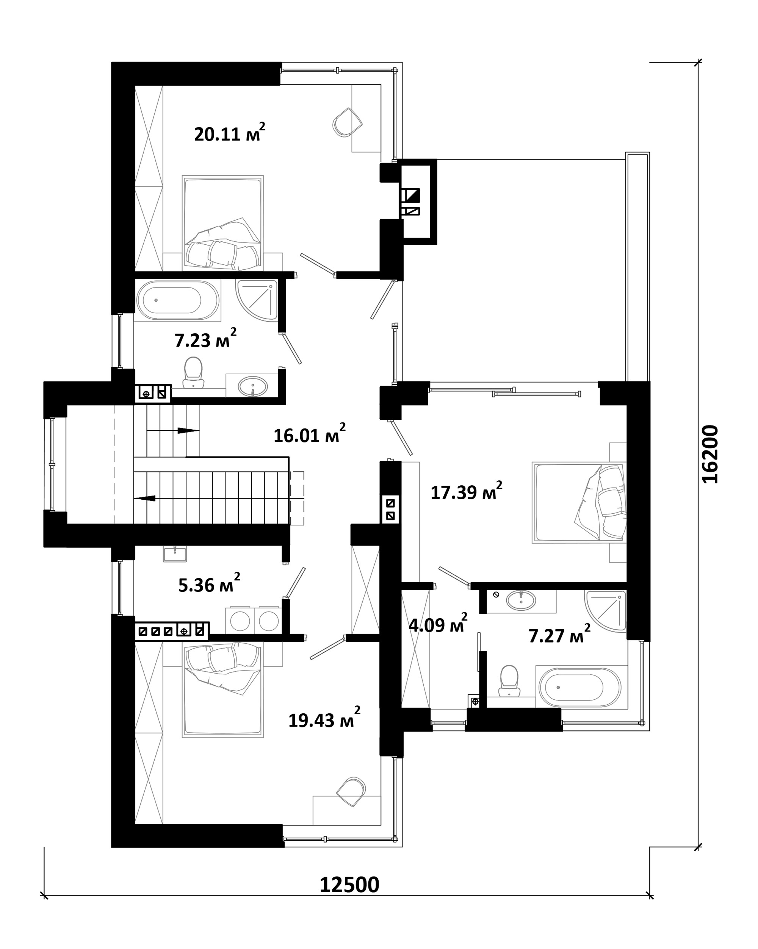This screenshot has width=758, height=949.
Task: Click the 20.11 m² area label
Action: pos(229,133)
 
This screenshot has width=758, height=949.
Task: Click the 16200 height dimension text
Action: pos(709,454)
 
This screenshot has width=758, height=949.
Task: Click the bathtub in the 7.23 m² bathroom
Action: pos(177,300)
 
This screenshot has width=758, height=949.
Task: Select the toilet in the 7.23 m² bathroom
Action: pos(193,372)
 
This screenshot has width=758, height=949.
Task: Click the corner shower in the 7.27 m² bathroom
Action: pos(606,611)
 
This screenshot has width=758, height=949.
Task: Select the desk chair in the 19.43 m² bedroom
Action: pos(351,791)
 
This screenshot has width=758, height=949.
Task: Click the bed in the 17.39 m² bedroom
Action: pos(579,502)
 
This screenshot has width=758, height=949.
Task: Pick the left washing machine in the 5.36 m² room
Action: pos(240,621)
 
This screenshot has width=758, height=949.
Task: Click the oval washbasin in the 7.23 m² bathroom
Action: pos(252,387)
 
